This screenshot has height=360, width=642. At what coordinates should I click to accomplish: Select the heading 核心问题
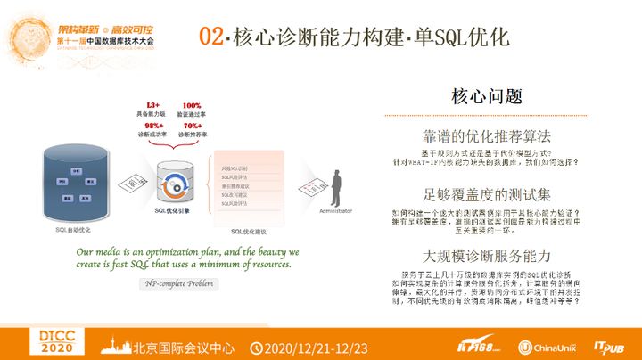pyautogui.click(x=486, y=96)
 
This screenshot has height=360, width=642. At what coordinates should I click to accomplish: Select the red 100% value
pyautogui.click(x=191, y=105)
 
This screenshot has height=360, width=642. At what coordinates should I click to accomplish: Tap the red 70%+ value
pyautogui.click(x=191, y=125)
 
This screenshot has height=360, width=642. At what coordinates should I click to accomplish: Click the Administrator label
pyautogui.click(x=337, y=211)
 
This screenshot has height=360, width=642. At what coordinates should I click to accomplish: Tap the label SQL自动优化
pyautogui.click(x=73, y=229)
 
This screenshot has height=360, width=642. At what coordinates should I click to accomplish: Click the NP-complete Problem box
pyautogui.click(x=177, y=283)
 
